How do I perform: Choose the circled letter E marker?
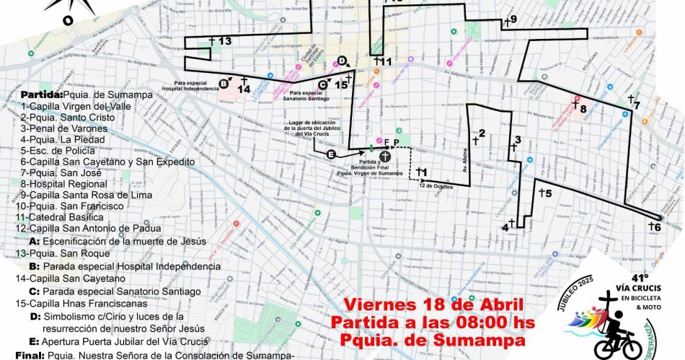click(331, 155)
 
